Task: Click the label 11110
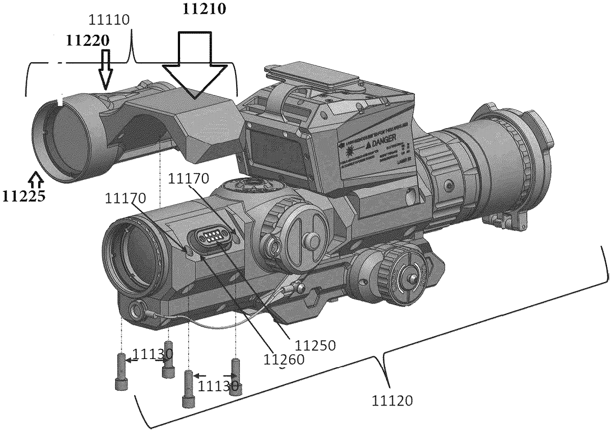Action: [x=110, y=21]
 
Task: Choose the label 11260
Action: [x=284, y=359]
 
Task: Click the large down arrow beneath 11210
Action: [x=195, y=66]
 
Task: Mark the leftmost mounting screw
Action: [x=121, y=371]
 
